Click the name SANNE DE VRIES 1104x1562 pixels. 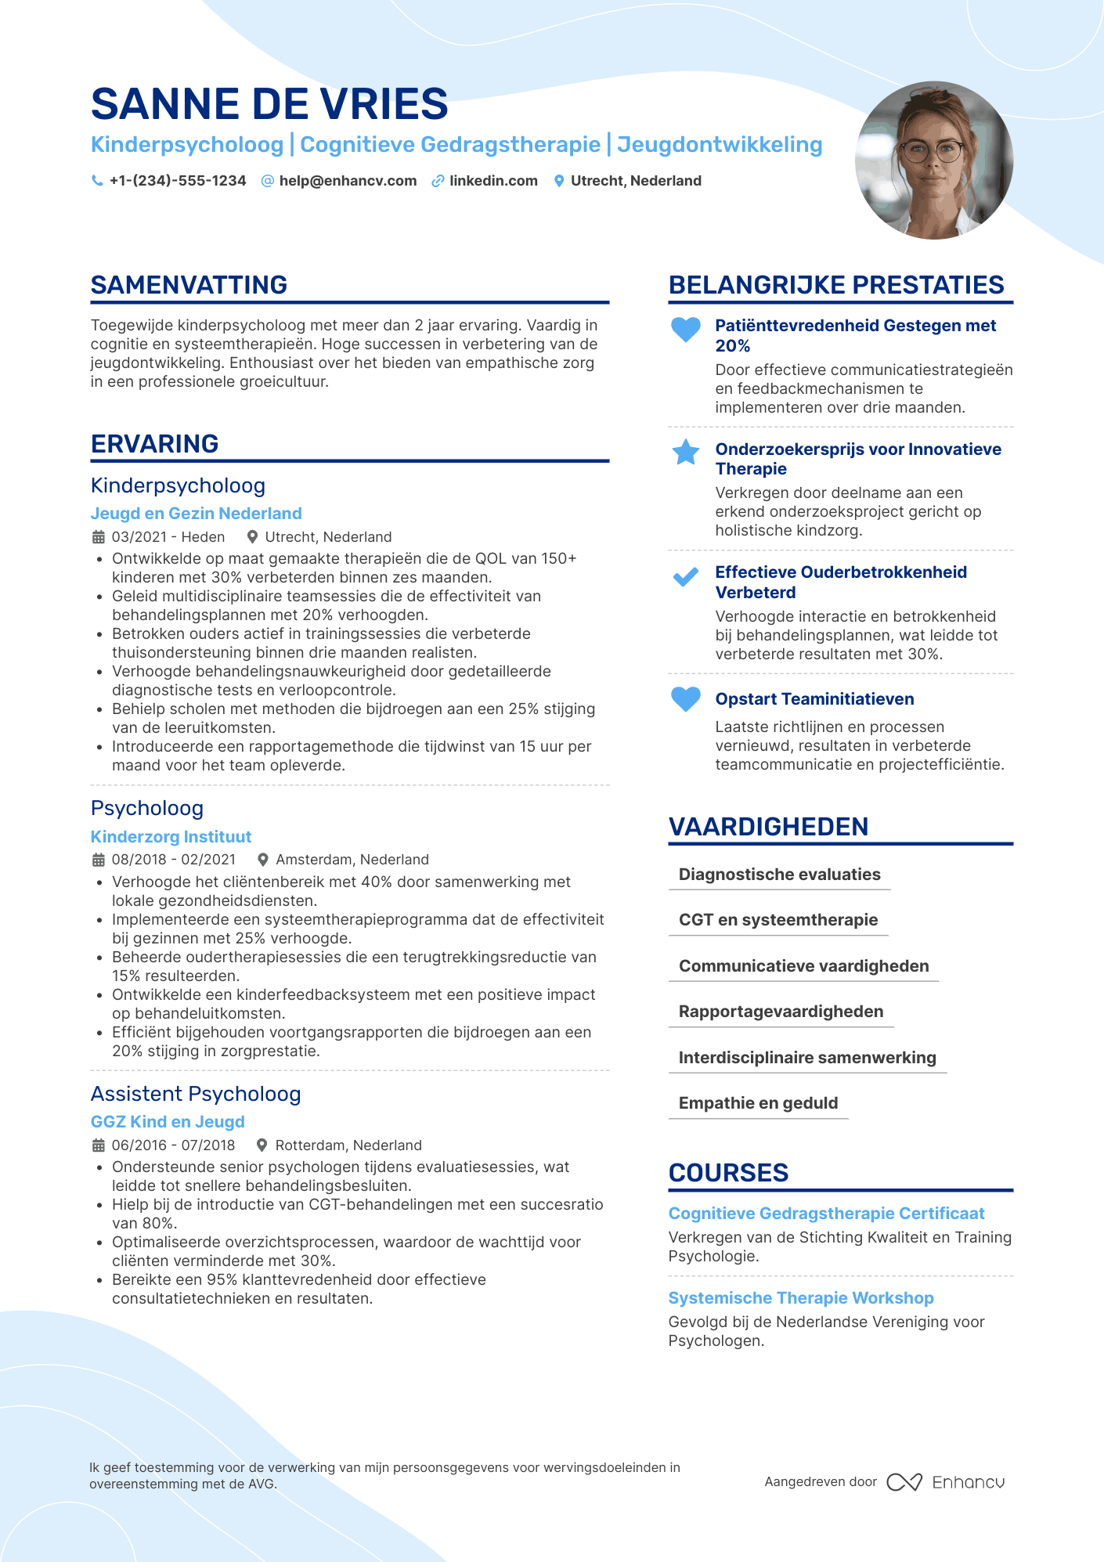[269, 104]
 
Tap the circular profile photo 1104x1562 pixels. [934, 161]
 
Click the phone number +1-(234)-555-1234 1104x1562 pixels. [177, 181]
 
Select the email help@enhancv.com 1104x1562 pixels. [348, 181]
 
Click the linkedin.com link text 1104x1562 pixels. [493, 181]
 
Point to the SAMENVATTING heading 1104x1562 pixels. [189, 285]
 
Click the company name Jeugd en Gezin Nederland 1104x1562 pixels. [196, 514]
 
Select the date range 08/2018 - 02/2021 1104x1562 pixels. [173, 860]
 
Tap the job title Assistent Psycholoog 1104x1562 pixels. [196, 1094]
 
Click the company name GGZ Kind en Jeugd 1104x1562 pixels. [168, 1122]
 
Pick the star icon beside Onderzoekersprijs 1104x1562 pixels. [686, 452]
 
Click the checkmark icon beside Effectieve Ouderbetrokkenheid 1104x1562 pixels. [686, 578]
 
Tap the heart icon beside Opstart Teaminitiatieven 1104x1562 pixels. [686, 698]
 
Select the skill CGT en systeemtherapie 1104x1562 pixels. [778, 920]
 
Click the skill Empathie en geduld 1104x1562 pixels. [758, 1103]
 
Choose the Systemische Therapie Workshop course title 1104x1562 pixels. [801, 1298]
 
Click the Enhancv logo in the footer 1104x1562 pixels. [946, 1482]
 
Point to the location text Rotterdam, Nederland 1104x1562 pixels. [348, 1145]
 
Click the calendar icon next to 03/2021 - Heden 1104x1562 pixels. [99, 537]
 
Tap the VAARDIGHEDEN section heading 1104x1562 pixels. [768, 827]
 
